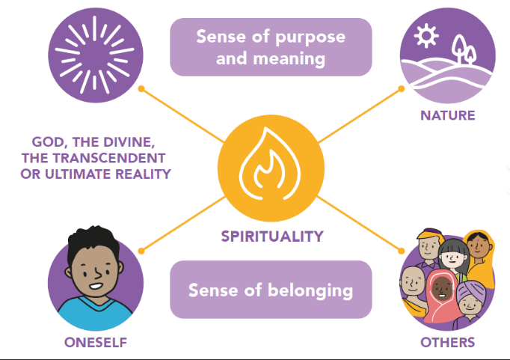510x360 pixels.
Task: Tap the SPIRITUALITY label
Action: click(x=271, y=237)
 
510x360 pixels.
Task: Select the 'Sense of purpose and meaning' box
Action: click(x=271, y=46)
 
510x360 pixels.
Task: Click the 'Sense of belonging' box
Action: click(x=271, y=290)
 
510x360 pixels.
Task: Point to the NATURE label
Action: click(x=448, y=116)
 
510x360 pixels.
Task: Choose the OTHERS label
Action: click(x=448, y=343)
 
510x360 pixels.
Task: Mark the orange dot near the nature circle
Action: click(x=402, y=88)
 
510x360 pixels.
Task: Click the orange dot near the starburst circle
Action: click(x=141, y=89)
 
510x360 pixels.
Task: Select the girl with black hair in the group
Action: click(x=452, y=258)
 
